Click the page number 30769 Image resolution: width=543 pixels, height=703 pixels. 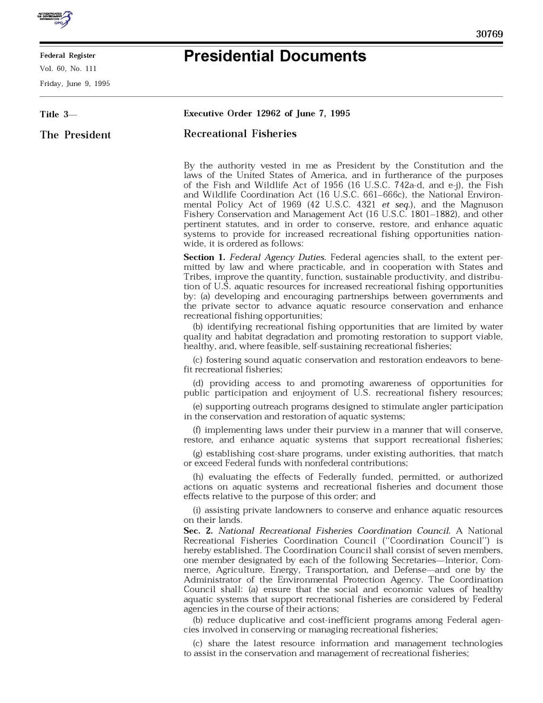click(489, 34)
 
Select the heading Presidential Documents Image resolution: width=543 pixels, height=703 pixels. click(274, 56)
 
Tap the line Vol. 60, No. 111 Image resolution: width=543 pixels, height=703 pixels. click(68, 69)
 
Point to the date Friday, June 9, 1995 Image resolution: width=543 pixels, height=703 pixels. click(75, 83)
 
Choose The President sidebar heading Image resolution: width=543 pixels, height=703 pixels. click(75, 135)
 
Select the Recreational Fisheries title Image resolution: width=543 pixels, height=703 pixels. click(240, 134)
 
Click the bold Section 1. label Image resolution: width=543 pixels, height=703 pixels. click(204, 257)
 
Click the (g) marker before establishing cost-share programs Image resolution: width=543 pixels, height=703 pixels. click(198, 454)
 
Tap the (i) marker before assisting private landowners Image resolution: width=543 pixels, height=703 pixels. click(197, 510)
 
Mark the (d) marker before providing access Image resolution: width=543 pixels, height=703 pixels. click(198, 383)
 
